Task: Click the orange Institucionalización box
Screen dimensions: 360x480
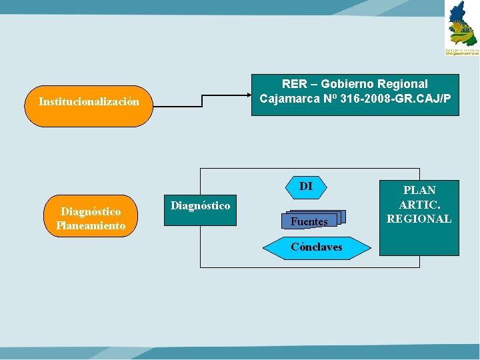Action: [x=89, y=105]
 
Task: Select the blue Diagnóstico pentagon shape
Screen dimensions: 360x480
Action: [x=200, y=210]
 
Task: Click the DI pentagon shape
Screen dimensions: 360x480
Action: [x=306, y=187]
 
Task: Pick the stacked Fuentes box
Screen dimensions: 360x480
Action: [x=313, y=221]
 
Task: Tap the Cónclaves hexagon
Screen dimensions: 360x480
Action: [x=317, y=247]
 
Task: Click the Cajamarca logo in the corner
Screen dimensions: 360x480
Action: [x=462, y=28]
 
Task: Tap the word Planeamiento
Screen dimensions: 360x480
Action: [x=91, y=225]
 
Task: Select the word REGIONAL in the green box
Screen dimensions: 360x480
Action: [x=419, y=219]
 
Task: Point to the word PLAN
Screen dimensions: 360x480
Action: [x=419, y=191]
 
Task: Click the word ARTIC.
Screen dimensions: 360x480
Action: [x=419, y=205]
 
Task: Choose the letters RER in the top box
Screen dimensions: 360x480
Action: [x=294, y=84]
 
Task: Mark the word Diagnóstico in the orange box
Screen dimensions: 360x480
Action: [x=91, y=211]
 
